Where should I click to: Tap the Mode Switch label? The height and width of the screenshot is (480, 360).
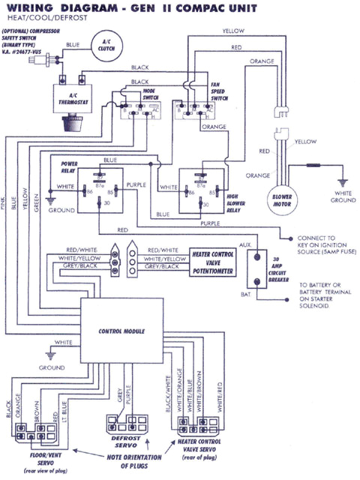point(153,93)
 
